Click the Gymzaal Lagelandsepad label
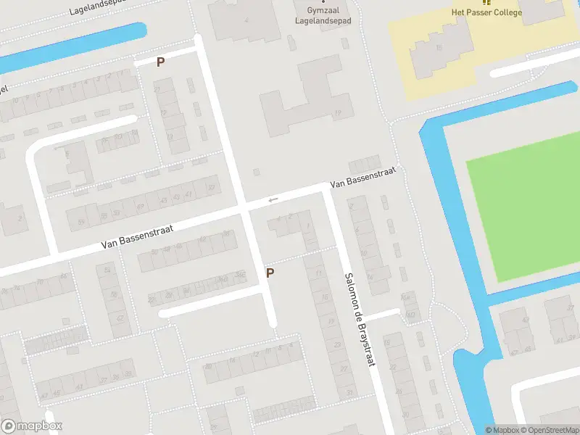(x=323, y=16)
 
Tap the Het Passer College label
(x=486, y=12)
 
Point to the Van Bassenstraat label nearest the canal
(x=362, y=177)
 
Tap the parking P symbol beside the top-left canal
(x=160, y=62)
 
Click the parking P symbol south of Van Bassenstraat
(x=270, y=273)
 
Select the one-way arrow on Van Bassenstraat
(x=273, y=200)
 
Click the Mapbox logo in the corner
(x=32, y=426)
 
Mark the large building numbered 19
(x=308, y=98)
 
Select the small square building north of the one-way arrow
(x=255, y=173)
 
